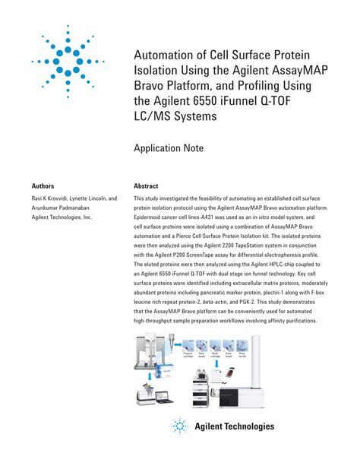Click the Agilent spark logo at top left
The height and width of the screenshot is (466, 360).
pos(68,60)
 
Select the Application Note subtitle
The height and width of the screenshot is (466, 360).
pos(173,148)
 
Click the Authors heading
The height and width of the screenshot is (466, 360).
pos(43,185)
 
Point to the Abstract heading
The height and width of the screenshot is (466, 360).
pos(146,185)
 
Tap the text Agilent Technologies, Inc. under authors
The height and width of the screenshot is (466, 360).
pos(62,217)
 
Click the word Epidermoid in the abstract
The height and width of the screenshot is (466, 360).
pos(150,217)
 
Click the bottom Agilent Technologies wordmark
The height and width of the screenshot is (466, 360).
pos(233,426)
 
